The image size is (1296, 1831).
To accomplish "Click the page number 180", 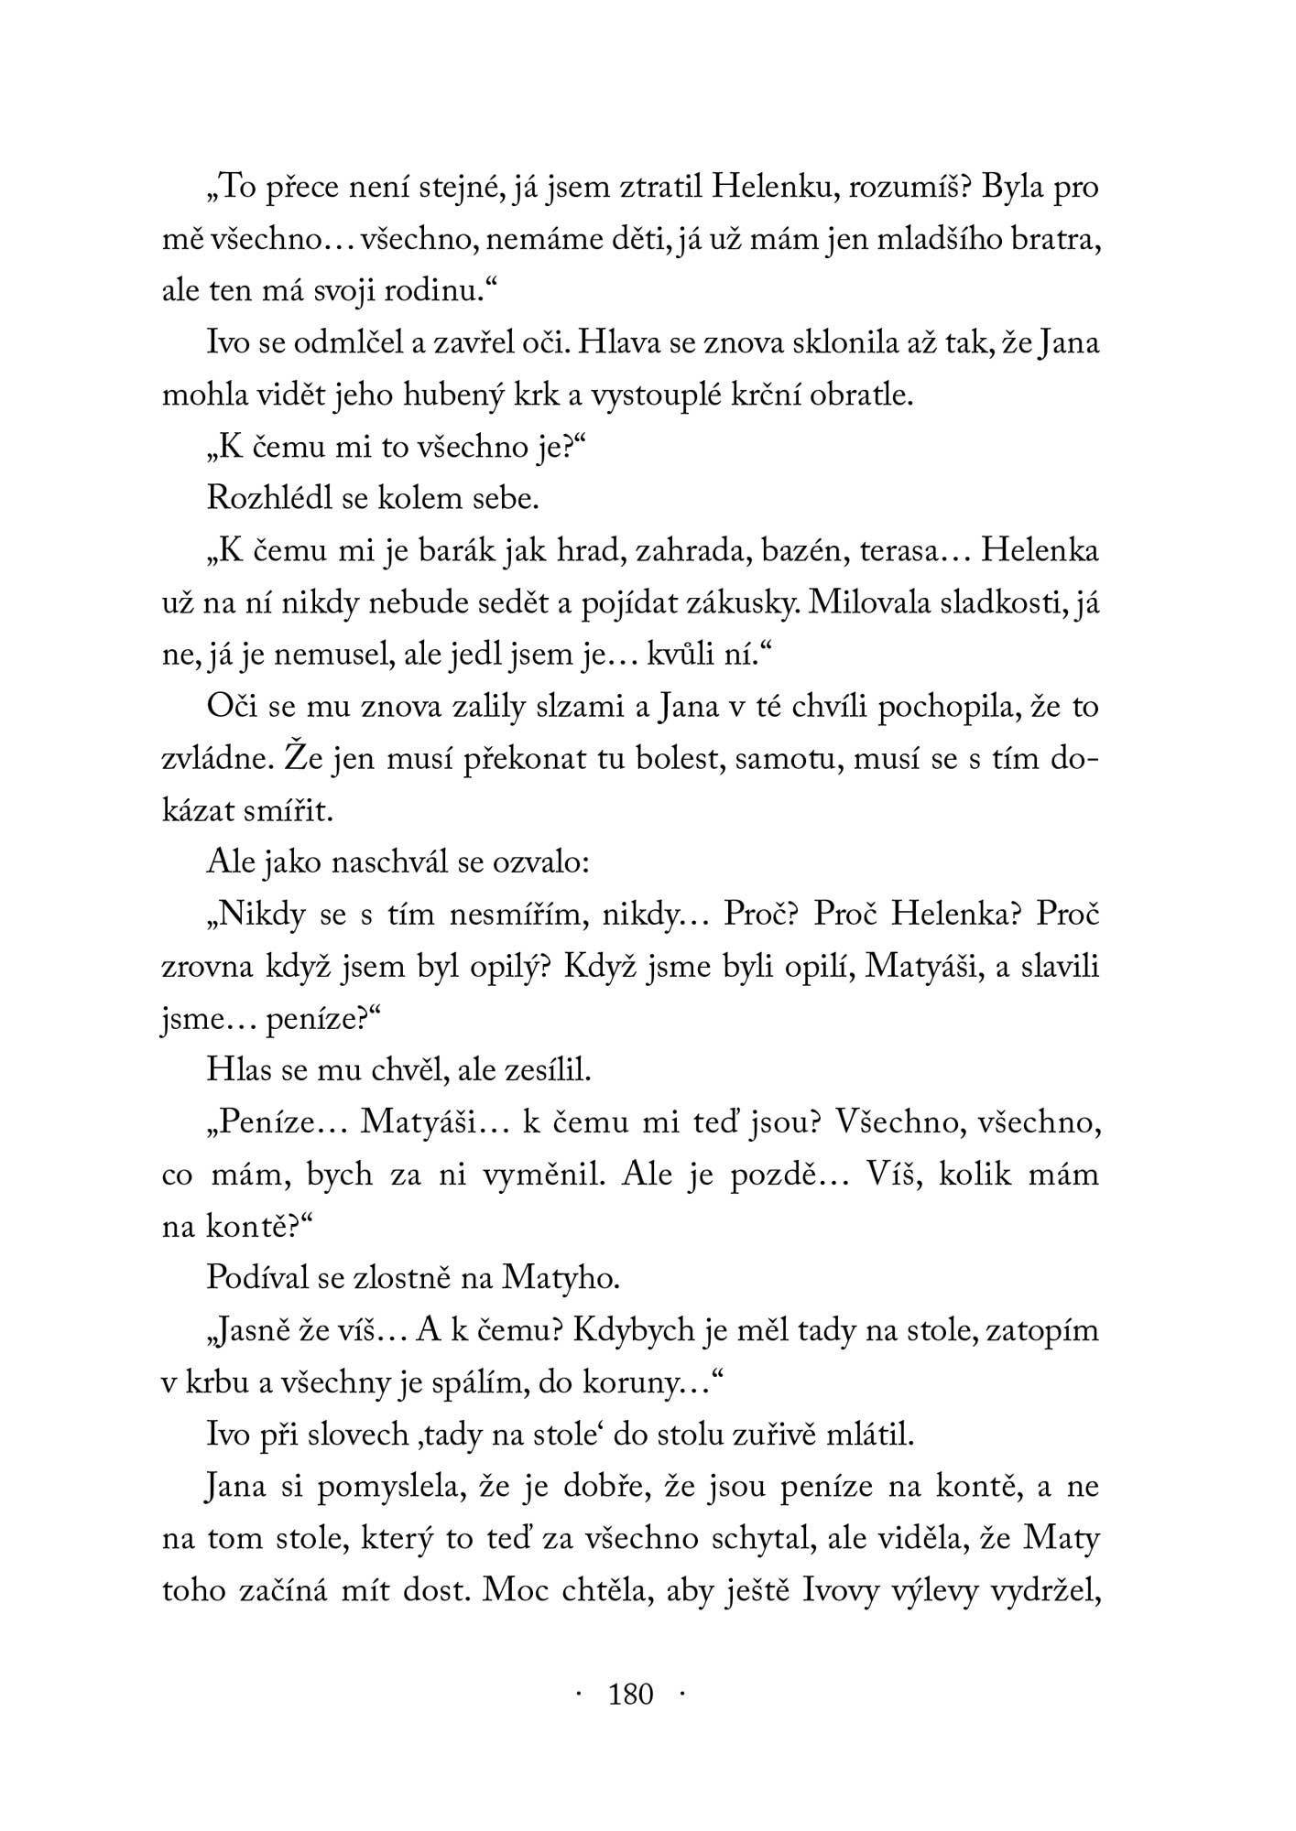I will pos(631,1694).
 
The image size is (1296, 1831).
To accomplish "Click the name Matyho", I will pos(561,1278).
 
